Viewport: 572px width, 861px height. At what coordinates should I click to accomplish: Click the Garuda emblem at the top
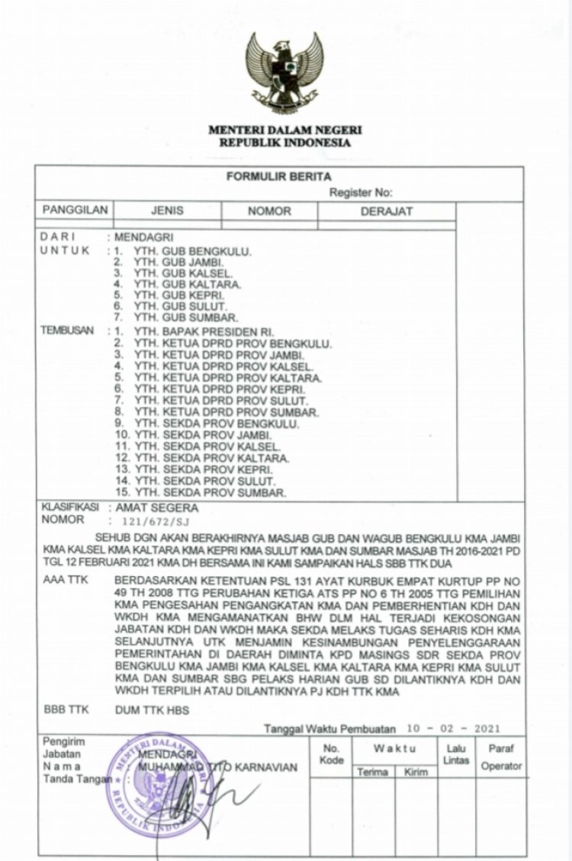point(284,73)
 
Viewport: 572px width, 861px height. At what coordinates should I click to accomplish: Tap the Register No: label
point(361,194)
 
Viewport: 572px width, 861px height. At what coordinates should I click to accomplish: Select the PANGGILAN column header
point(75,211)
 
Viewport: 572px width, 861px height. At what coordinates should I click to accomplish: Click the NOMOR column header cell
point(269,212)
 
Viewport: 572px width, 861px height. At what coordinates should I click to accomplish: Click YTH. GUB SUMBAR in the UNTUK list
point(186,317)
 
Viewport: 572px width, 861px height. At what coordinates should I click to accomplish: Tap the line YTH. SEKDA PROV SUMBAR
point(210,492)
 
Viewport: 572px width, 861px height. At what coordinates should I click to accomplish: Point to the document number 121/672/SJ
point(152,522)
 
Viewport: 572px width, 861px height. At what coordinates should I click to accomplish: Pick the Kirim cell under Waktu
point(416,772)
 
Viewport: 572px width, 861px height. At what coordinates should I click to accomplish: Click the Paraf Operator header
point(501,757)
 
